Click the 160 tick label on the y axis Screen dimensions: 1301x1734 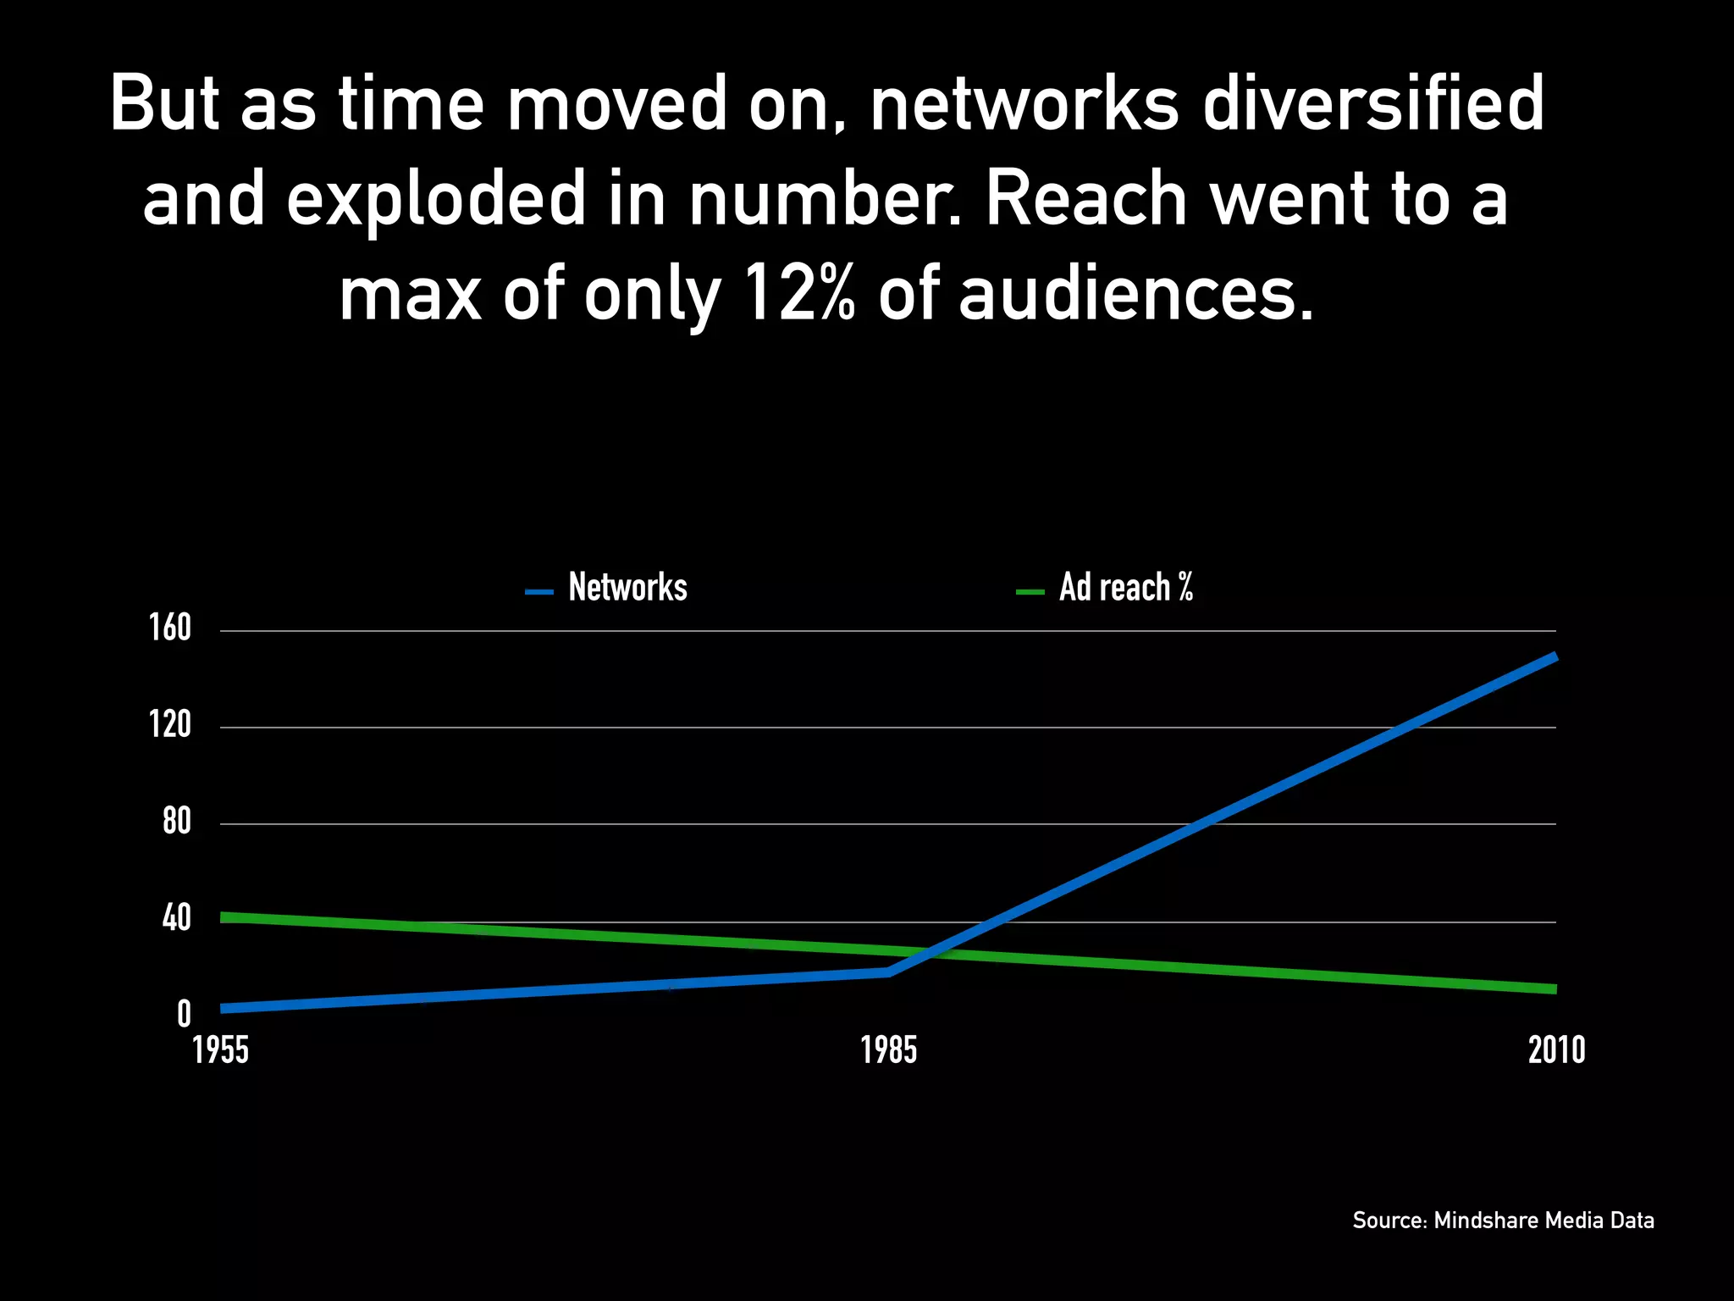point(170,628)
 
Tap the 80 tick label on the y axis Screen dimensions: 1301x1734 point(177,821)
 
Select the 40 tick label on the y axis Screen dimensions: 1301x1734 point(177,918)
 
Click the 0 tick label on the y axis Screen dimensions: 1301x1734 point(184,1014)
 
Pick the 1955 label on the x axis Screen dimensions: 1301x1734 point(221,1050)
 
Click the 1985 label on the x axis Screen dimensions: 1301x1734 point(889,1050)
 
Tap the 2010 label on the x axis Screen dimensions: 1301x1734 point(1556,1050)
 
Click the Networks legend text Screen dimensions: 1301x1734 point(627,587)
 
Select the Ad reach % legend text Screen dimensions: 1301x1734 point(1126,587)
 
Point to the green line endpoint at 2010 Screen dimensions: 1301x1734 point(1555,988)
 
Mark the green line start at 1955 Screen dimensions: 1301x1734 point(223,917)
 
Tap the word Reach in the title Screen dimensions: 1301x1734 point(1087,199)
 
